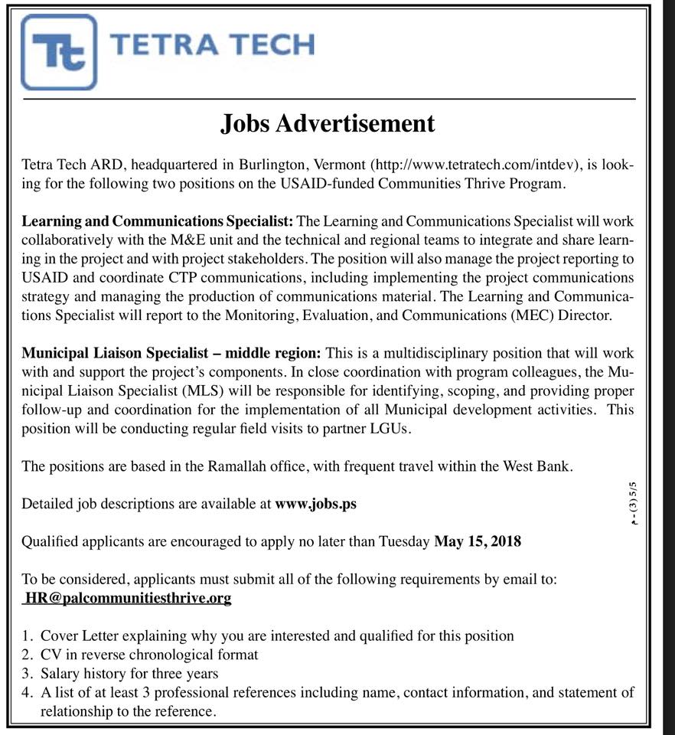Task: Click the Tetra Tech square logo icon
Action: pyautogui.click(x=59, y=51)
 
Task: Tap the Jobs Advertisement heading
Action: pyautogui.click(x=328, y=123)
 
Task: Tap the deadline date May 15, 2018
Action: pyautogui.click(x=478, y=541)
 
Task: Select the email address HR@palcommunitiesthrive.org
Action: pyautogui.click(x=128, y=597)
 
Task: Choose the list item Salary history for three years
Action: pyautogui.click(x=129, y=674)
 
